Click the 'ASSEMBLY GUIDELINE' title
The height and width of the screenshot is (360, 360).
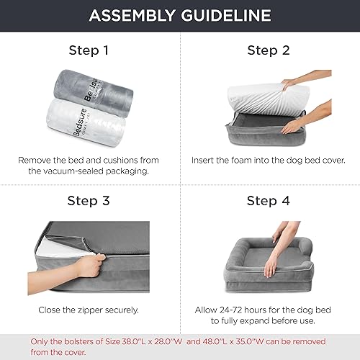(180, 16)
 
